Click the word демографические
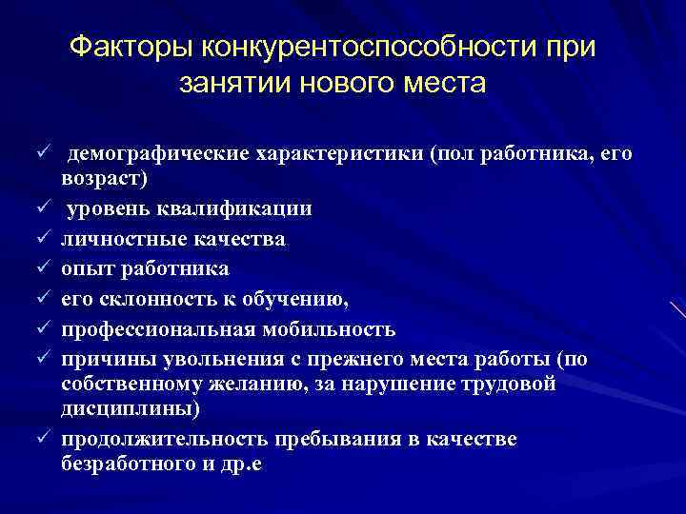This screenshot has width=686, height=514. click(x=164, y=154)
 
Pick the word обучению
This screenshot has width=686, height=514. click(x=299, y=300)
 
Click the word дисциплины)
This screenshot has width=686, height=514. click(x=131, y=408)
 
